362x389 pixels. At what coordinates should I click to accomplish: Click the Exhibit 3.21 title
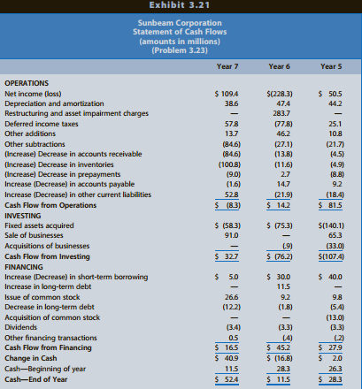180,5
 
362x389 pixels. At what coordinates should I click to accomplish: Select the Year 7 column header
227,66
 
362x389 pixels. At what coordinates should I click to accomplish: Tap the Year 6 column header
279,66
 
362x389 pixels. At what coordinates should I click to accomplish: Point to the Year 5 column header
331,66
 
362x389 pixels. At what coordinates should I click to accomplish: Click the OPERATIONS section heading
27,83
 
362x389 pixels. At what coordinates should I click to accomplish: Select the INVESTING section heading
23,216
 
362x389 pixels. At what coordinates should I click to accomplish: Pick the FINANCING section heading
24,267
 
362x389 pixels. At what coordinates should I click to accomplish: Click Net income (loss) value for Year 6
280,94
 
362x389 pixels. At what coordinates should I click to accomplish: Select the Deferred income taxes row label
42,124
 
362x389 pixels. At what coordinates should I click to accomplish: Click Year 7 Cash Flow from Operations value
227,205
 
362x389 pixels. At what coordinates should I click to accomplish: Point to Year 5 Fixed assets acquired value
331,225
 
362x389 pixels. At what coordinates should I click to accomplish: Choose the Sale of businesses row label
34,235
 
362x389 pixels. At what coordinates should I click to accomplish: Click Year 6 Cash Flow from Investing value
280,256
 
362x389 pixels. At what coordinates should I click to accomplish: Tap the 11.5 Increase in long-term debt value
283,286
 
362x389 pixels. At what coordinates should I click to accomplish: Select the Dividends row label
21,327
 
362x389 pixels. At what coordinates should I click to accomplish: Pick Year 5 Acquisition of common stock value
335,317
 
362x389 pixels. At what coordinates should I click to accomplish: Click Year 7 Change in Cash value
227,358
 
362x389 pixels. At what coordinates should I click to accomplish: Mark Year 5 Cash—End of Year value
330,379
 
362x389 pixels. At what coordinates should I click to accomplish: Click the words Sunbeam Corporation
180,23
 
